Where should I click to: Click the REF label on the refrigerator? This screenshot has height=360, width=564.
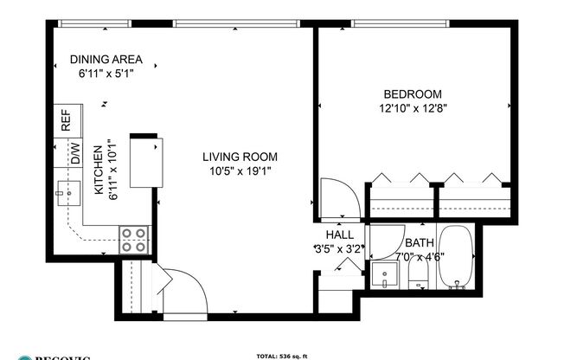66,120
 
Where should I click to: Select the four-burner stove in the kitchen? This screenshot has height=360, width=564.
133,238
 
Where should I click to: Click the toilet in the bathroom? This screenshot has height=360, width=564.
419,275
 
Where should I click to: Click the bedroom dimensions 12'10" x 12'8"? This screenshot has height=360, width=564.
412,108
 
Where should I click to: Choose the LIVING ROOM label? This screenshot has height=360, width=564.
240,157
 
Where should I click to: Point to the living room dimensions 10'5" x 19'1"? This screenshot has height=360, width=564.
240,170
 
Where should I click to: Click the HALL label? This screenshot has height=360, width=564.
340,235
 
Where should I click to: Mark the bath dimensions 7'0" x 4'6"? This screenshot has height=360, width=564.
420,256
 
